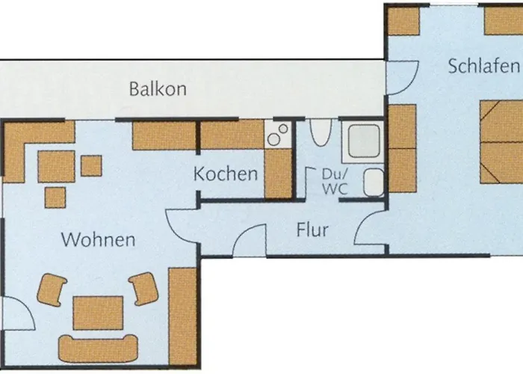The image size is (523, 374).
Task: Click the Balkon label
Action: (158, 89)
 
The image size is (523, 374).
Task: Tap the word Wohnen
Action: (98, 240)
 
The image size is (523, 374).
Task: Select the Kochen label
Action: (226, 174)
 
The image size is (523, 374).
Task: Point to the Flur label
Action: (312, 230)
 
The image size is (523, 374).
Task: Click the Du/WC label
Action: (335, 181)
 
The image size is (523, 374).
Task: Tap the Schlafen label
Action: (483, 66)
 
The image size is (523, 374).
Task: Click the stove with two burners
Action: (278, 135)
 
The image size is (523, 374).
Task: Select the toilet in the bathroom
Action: (321, 132)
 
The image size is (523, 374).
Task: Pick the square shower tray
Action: (364, 141)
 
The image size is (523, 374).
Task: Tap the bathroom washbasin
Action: (374, 183)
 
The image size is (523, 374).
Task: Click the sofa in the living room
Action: (98, 349)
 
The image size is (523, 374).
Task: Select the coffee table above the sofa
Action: (98, 313)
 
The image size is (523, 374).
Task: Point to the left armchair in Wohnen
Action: (52, 289)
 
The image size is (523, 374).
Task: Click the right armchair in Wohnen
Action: (143, 289)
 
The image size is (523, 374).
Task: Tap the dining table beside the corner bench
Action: (56, 167)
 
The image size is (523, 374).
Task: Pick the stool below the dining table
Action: (55, 197)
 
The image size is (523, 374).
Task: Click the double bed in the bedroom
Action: (501, 142)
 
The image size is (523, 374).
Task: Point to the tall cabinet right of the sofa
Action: (182, 316)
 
